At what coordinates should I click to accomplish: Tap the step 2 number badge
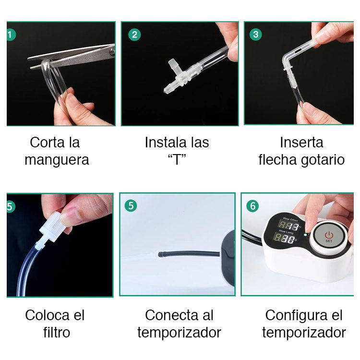[x=134, y=35]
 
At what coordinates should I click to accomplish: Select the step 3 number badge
[x=256, y=35]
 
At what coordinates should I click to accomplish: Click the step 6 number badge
[x=252, y=206]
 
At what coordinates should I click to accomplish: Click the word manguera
[x=57, y=160]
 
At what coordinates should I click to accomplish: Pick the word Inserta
[x=301, y=143]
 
